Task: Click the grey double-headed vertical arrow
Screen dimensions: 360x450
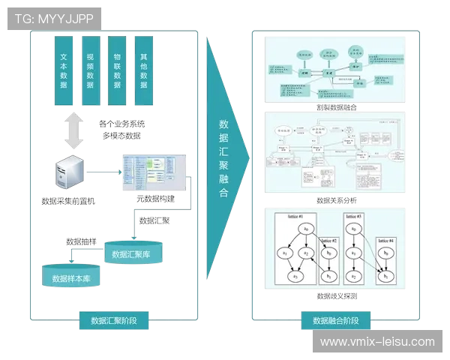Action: coord(73,130)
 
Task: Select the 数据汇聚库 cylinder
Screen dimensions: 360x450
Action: coord(131,253)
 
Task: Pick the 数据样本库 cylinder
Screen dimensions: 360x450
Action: coord(71,277)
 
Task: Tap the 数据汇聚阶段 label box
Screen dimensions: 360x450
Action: coord(114,320)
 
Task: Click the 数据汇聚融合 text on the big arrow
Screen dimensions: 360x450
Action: coord(223,157)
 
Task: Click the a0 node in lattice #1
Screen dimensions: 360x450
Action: coord(306,229)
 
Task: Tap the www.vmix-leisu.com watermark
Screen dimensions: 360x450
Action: coord(377,342)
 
